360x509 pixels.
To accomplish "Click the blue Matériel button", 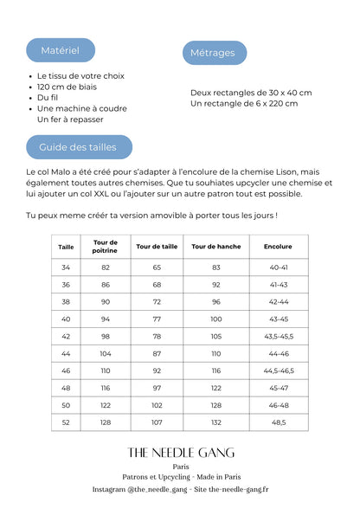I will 60,50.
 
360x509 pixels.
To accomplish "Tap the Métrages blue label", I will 213,53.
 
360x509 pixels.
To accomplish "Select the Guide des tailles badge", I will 78,147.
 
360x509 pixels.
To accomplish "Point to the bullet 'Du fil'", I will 48,98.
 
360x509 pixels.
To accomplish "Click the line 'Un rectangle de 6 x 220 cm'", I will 244,104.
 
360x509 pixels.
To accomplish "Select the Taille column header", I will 66,247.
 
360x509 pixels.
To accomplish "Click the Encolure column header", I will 278,247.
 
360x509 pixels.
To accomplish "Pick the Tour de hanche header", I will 216,247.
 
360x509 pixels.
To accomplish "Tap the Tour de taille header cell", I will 157,247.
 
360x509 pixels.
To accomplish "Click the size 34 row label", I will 66,267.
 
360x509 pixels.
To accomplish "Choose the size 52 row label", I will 66,422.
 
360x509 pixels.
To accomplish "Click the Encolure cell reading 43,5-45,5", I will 278,336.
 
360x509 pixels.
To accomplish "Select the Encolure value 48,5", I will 278,422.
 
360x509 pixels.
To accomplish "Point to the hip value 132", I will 216,422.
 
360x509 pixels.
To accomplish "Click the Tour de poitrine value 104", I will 106,353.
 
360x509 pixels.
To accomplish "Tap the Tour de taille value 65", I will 157,267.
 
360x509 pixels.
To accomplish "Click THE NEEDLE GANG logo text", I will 180,453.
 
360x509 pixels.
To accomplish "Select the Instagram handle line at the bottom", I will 180,489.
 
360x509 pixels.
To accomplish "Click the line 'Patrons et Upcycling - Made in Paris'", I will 180,477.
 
